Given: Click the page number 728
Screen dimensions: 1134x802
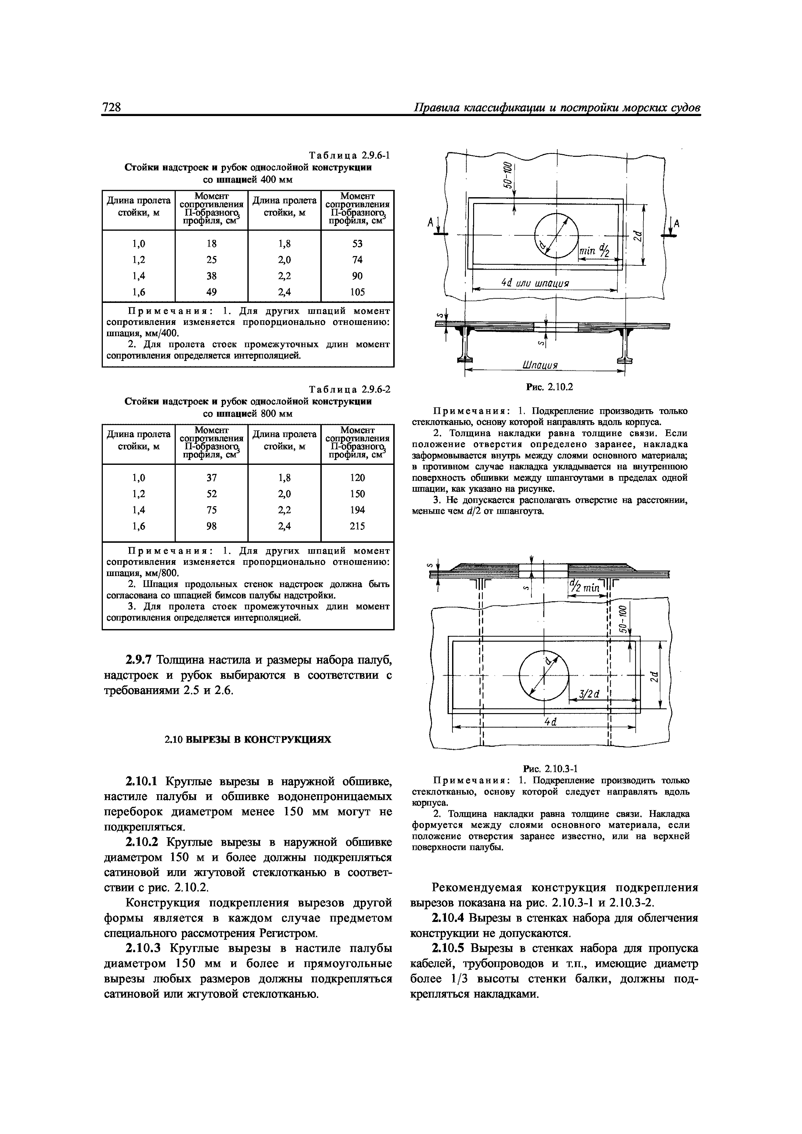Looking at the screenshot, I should point(112,107).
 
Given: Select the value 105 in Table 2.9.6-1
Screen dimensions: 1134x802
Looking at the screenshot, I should point(357,292).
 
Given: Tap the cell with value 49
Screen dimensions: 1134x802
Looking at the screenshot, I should point(211,292).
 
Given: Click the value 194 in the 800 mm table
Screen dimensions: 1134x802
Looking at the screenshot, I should point(357,510).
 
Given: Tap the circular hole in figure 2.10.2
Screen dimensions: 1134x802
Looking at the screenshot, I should point(557,235).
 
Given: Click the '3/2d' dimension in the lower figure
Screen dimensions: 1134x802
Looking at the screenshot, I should point(589,694).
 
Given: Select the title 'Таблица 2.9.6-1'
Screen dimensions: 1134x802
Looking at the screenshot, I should point(349,156).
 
